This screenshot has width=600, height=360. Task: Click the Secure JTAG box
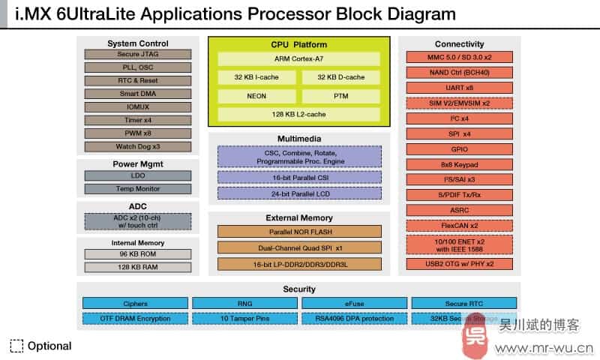[137, 55]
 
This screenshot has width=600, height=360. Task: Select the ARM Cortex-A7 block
[299, 59]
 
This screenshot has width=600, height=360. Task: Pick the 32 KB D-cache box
[340, 77]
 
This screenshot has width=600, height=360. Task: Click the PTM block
[340, 96]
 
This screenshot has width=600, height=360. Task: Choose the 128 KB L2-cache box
[299, 114]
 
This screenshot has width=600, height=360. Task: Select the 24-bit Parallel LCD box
[299, 193]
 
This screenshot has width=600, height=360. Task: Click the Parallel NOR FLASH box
[299, 232]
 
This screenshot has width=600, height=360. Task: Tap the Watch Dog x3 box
[137, 147]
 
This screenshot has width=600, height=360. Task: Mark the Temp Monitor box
[137, 189]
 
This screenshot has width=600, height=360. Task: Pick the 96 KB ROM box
[137, 253]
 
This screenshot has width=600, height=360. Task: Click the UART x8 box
[459, 88]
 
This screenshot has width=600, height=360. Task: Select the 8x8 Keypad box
[459, 164]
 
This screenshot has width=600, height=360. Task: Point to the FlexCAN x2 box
[459, 226]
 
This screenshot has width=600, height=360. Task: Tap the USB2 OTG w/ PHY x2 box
[459, 264]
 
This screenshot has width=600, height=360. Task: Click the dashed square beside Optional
[16, 346]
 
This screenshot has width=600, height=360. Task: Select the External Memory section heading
[299, 218]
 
